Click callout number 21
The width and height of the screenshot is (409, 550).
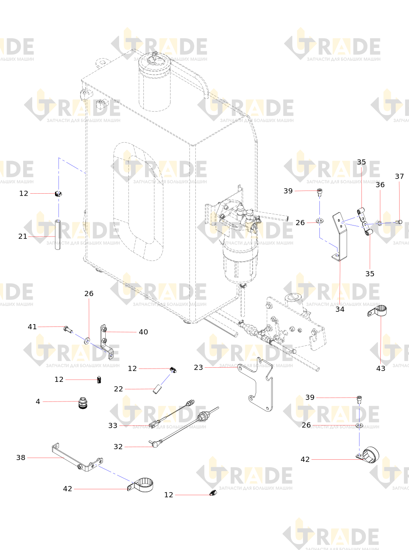23,236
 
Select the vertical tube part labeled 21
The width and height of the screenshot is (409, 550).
57,234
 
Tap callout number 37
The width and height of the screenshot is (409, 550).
399,176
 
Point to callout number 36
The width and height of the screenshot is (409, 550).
380,185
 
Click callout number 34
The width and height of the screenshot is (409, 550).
340,309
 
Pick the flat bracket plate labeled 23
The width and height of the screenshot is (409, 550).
255,385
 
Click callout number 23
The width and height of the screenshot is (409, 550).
198,367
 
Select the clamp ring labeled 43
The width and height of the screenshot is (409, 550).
377,311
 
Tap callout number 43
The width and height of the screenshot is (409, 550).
381,368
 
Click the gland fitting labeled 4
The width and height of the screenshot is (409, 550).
83,403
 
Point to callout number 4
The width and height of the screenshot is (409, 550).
38,401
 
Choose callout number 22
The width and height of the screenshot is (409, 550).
118,389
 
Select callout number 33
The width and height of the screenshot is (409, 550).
113,425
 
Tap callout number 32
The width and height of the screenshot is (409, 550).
118,447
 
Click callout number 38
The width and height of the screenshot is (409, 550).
21,458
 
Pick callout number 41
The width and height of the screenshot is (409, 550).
32,327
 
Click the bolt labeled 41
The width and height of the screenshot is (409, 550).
68,329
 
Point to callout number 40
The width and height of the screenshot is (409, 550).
143,332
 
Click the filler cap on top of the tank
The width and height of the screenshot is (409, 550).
154,62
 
